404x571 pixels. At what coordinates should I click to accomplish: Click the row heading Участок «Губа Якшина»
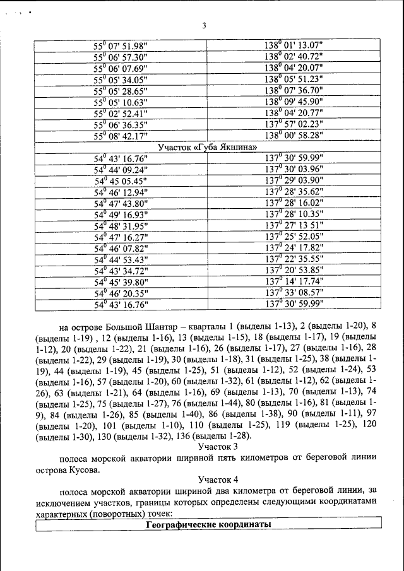coord(208,147)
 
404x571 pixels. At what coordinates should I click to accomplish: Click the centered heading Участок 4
coord(208,480)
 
